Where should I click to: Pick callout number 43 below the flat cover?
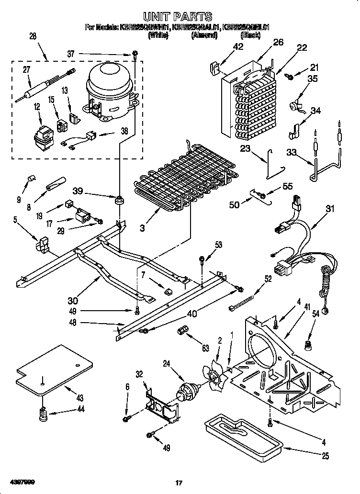tap(80, 398)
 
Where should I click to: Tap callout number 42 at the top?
tap(238, 46)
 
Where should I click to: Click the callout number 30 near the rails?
tap(73, 301)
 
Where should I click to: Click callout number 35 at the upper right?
tap(312, 79)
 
